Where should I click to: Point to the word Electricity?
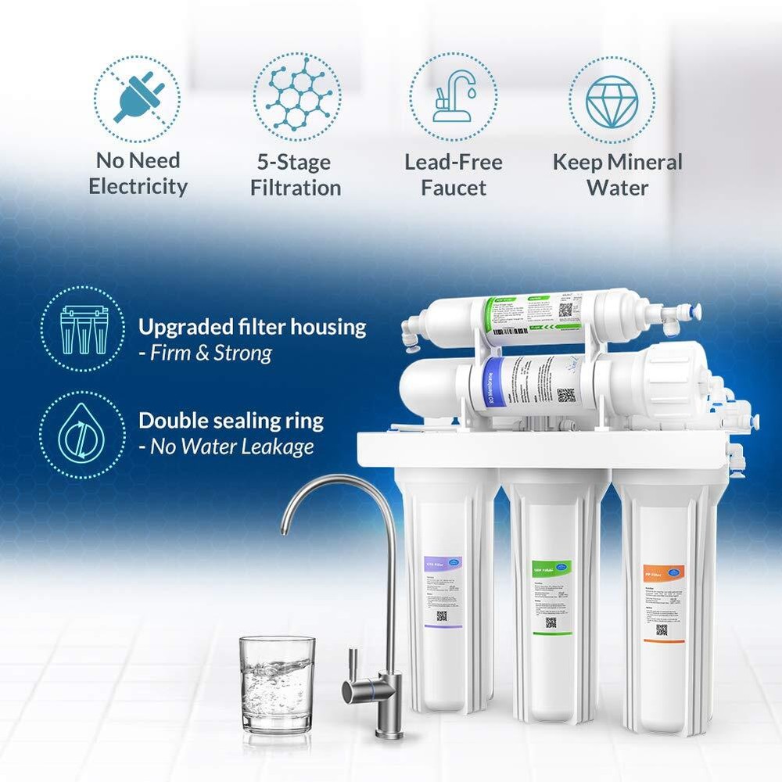pos(138,187)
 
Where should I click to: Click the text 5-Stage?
pos(295,163)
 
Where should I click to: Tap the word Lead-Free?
pos(453,163)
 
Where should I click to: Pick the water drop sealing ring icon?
pos(82,435)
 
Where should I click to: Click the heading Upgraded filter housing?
pos(252,327)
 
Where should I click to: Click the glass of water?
pos(277,684)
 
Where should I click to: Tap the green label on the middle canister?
pos(551,566)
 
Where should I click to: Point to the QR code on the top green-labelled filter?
pos(565,310)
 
